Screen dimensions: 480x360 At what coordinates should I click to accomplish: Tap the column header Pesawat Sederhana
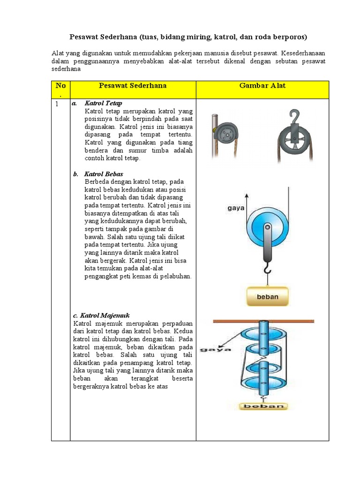[133, 86]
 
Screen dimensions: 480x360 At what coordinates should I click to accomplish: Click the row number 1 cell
[57, 104]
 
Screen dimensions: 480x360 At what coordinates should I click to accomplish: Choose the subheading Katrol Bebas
[104, 174]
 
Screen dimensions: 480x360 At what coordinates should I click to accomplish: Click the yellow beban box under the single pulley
[268, 296]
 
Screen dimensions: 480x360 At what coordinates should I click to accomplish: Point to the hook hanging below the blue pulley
[267, 269]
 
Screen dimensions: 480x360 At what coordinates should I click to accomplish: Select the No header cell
[60, 89]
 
